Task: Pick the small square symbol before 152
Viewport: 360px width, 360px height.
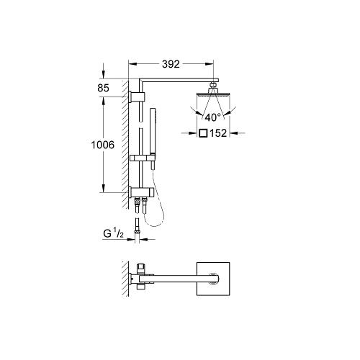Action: pyautogui.click(x=204, y=133)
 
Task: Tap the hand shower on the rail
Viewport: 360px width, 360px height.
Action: pyautogui.click(x=152, y=130)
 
